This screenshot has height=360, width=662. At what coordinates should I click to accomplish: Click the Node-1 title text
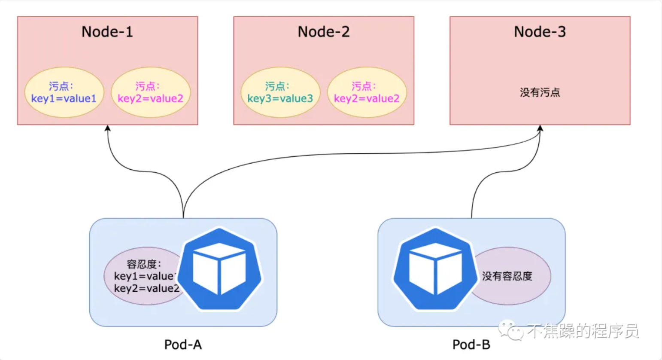tap(107, 32)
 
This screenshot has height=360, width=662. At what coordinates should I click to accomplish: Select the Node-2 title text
tap(324, 32)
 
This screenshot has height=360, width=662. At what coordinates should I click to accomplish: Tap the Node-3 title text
tap(540, 32)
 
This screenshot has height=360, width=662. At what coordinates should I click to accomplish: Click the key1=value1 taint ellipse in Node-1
tap(64, 92)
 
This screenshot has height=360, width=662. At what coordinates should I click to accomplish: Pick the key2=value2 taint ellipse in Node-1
tap(151, 92)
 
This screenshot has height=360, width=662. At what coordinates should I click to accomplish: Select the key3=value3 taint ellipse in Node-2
tap(280, 92)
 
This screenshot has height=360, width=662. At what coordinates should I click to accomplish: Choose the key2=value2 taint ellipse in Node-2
tap(367, 92)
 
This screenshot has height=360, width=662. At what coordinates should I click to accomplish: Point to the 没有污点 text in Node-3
tap(540, 92)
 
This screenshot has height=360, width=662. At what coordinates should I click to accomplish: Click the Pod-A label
tap(183, 345)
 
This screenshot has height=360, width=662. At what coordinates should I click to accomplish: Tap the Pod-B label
tap(471, 345)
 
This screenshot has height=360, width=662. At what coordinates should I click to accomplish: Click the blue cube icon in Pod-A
tap(219, 269)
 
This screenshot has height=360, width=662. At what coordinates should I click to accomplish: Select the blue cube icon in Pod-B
tap(435, 269)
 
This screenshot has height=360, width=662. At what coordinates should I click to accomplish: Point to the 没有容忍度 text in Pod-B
tap(507, 276)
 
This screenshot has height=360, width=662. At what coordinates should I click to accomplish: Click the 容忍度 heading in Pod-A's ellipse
tap(143, 264)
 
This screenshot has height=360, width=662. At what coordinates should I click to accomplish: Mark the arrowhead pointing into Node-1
tap(108, 128)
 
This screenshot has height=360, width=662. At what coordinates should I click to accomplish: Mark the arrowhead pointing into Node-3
tap(540, 128)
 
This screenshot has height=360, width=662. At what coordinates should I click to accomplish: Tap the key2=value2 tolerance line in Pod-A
tap(146, 288)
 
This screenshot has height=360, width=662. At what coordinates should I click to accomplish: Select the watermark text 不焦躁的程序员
tap(583, 331)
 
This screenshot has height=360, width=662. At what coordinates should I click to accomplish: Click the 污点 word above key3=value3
tap(276, 86)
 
